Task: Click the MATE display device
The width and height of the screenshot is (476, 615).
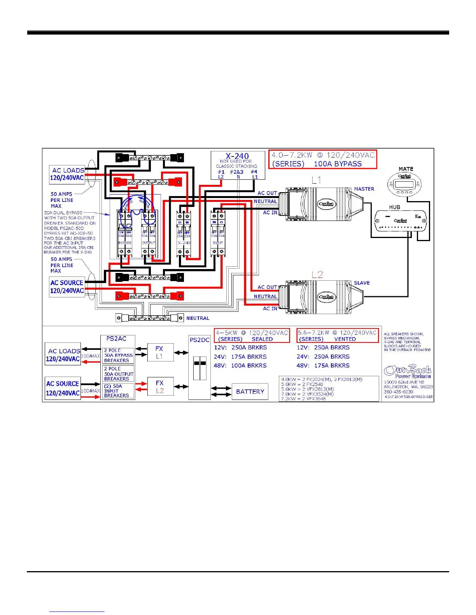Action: [404, 184]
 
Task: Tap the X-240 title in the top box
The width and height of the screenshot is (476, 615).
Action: [237, 156]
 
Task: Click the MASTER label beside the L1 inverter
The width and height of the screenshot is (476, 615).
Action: [364, 189]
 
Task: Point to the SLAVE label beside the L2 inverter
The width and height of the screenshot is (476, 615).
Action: [362, 283]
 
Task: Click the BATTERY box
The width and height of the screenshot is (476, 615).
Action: [250, 392]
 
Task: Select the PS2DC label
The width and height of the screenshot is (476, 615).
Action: [199, 340]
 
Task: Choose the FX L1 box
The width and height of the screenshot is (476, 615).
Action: [160, 353]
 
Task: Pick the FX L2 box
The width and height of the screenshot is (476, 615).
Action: [160, 387]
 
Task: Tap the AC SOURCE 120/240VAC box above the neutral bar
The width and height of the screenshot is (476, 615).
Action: [67, 287]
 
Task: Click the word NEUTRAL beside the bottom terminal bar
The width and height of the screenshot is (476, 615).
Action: [198, 318]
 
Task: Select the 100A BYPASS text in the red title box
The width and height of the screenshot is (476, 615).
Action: [338, 164]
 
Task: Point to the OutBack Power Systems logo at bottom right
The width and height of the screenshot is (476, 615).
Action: [408, 372]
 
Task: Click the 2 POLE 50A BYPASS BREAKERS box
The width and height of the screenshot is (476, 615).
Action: [118, 355]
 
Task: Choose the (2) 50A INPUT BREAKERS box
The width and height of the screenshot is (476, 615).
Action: [118, 391]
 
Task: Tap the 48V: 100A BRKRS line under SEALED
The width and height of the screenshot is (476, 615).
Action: [240, 366]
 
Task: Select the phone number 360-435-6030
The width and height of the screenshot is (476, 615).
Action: [398, 392]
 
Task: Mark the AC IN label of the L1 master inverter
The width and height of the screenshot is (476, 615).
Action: [270, 213]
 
